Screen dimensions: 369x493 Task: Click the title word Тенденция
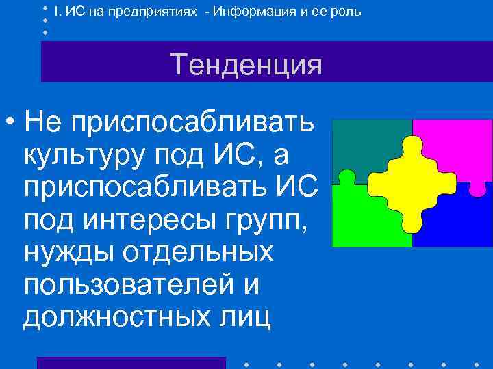pos(246,66)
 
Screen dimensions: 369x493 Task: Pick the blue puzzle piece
pos(455,219)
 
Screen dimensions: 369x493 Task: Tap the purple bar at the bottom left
pos(131,362)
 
